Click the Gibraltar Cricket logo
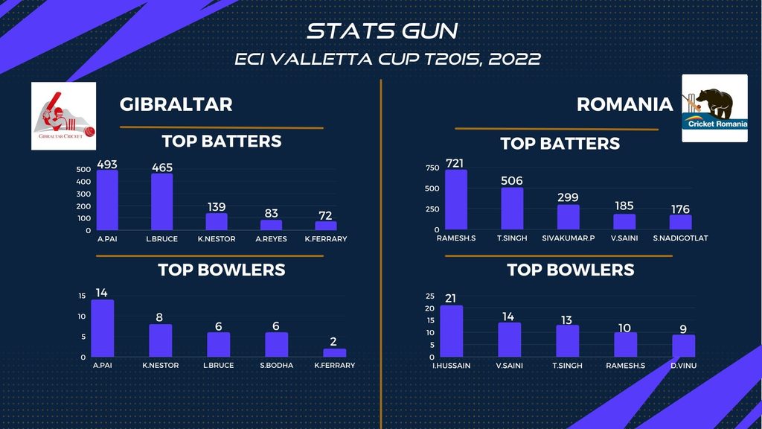pos(63,115)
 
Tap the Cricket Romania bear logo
pos(714,107)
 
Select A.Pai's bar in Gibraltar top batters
pos(107,200)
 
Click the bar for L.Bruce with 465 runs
pos(161,202)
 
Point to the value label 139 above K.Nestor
pos(217,206)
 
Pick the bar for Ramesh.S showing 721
pos(456,200)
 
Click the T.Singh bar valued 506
pos(512,209)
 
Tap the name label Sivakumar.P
pos(569,238)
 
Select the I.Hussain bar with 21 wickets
pos(452,331)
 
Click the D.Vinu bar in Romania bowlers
pos(684,346)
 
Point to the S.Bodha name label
pos(277,365)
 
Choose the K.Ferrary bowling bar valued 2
pos(335,353)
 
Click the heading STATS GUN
pos(382,31)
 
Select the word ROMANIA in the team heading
pos(624,104)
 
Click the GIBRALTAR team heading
pos(176,104)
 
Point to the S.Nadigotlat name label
pos(680,238)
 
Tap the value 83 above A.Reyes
pos(272,214)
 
